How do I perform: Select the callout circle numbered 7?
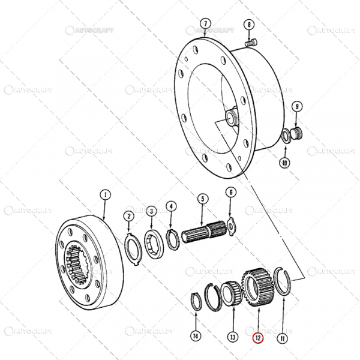point(205,25)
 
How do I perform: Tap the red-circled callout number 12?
point(257,338)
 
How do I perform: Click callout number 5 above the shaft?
point(202,199)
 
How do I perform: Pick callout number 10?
point(285,162)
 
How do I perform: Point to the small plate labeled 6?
point(232,224)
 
